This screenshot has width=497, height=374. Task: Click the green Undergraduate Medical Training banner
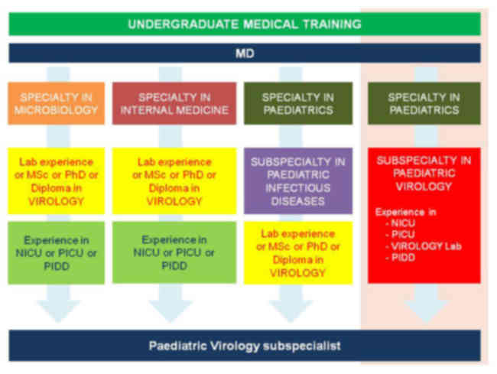(x=245, y=24)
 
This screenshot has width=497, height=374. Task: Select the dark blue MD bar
(x=245, y=54)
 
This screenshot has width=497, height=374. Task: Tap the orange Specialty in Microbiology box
(x=57, y=103)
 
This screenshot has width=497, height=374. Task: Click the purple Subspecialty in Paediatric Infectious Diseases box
(x=297, y=181)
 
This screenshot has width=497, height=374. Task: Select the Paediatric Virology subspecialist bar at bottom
(x=245, y=346)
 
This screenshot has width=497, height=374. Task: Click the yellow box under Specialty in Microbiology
(x=57, y=181)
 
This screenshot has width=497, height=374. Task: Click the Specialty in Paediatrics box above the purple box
(x=297, y=103)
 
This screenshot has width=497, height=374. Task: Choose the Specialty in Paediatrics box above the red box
(x=424, y=103)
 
